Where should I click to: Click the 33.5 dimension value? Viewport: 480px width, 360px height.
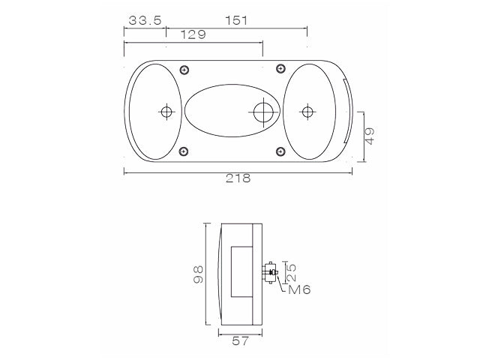[x=145, y=20]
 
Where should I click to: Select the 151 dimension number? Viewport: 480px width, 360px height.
[x=236, y=20]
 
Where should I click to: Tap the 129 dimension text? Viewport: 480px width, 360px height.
[x=193, y=34]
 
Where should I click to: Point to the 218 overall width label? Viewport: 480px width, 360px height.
[x=238, y=178]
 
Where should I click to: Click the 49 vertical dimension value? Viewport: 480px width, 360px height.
[x=370, y=136]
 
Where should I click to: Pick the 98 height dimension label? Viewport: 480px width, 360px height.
[x=198, y=274]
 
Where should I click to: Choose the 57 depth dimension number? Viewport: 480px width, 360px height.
[x=240, y=341]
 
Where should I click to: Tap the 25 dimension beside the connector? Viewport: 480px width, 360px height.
[x=292, y=272]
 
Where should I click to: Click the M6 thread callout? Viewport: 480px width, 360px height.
[x=299, y=289]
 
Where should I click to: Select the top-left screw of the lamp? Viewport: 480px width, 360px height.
[x=184, y=70]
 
